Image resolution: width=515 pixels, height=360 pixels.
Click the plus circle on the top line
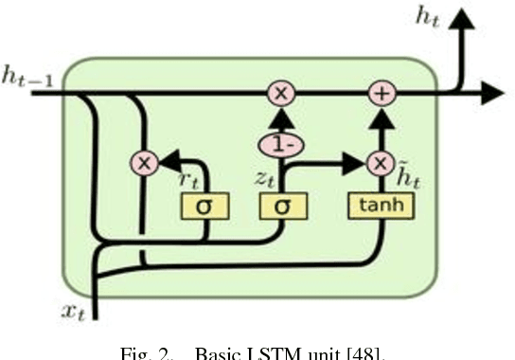[381, 92]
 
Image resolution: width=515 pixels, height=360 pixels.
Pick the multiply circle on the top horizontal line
[280, 92]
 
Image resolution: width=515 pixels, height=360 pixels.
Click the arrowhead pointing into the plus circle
[381, 114]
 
